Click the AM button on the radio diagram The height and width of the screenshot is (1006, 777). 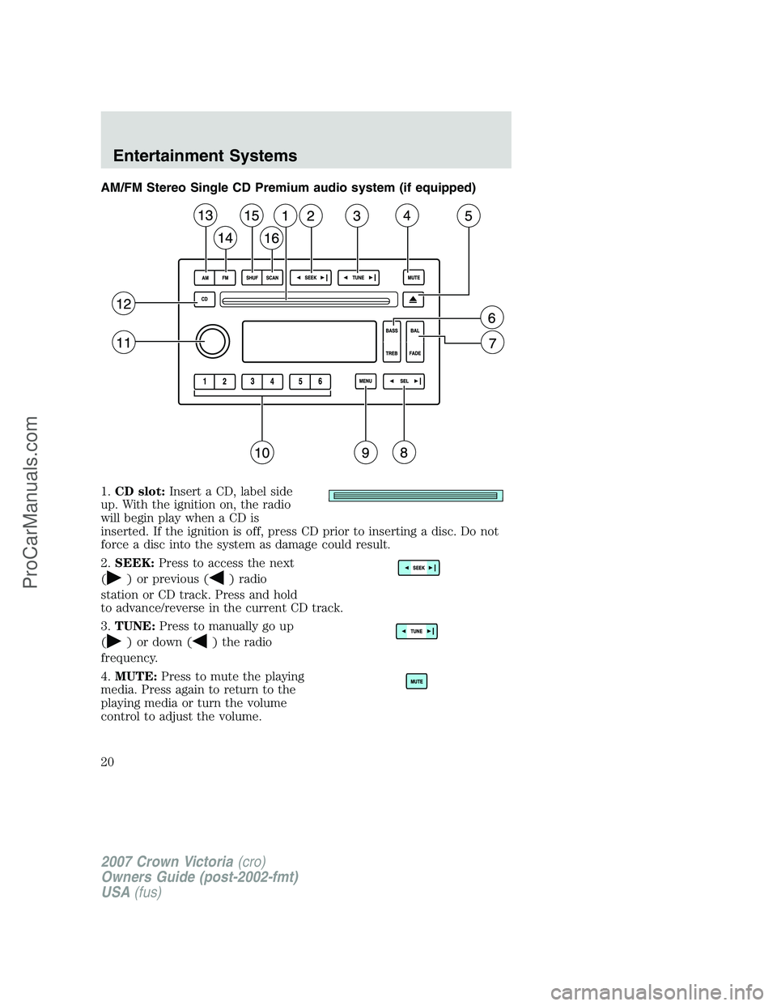[x=205, y=278]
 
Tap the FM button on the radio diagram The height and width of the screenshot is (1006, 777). [x=225, y=278]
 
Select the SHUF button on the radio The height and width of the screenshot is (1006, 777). [x=252, y=278]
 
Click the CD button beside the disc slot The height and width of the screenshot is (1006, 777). [x=205, y=299]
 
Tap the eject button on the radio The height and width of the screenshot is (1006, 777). [x=413, y=300]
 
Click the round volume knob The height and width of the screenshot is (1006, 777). [x=212, y=341]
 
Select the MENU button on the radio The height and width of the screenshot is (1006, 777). [x=365, y=381]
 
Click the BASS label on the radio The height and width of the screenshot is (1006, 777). [x=392, y=330]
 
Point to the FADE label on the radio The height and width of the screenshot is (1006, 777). [x=415, y=353]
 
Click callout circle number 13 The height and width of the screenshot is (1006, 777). [x=206, y=215]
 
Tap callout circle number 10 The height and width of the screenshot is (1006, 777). [x=262, y=452]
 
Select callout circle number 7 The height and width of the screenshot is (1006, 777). [x=491, y=343]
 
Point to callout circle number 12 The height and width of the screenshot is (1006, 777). [x=124, y=304]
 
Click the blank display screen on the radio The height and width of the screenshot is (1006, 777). [x=309, y=341]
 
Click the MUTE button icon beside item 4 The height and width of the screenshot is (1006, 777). [x=417, y=681]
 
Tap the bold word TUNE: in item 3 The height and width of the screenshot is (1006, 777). [x=134, y=626]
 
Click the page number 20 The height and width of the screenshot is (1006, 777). [x=107, y=762]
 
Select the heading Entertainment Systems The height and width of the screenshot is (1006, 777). [x=205, y=156]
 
